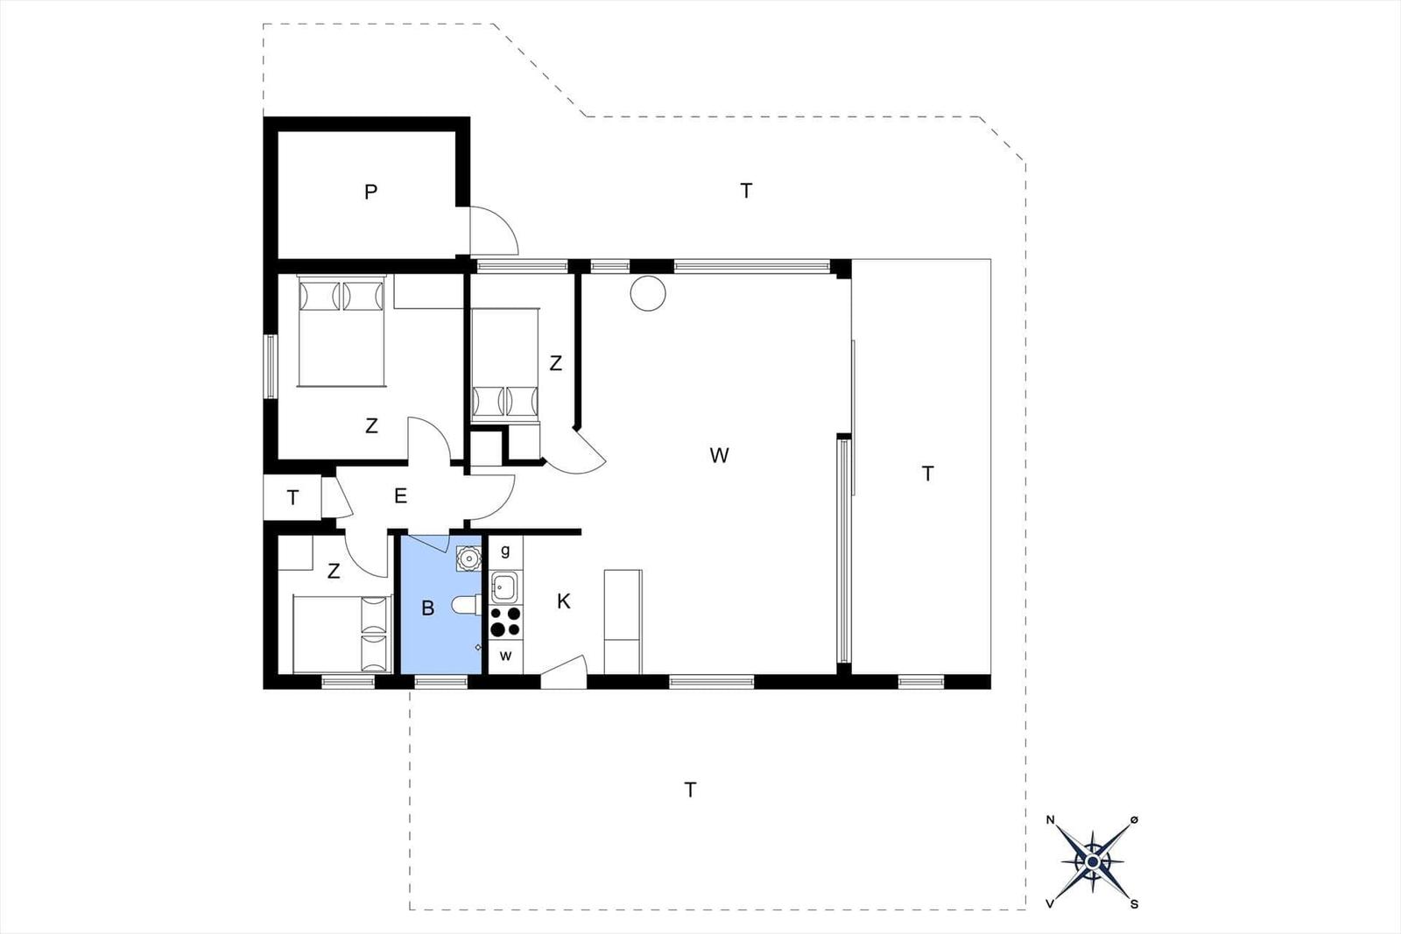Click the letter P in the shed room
(370, 192)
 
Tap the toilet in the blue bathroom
(467, 605)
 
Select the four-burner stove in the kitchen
(505, 621)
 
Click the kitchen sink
(503, 587)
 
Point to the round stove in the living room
(648, 293)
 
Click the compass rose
(1092, 863)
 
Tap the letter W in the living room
(719, 455)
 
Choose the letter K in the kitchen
(564, 601)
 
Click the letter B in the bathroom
(428, 607)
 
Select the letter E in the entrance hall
(400, 495)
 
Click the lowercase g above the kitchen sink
(505, 551)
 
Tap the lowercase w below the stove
(506, 656)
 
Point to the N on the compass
(1051, 820)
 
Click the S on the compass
(1134, 904)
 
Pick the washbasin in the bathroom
(468, 558)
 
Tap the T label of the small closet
(292, 497)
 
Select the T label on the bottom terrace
(690, 790)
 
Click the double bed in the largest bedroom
(341, 331)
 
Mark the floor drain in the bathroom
(478, 647)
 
